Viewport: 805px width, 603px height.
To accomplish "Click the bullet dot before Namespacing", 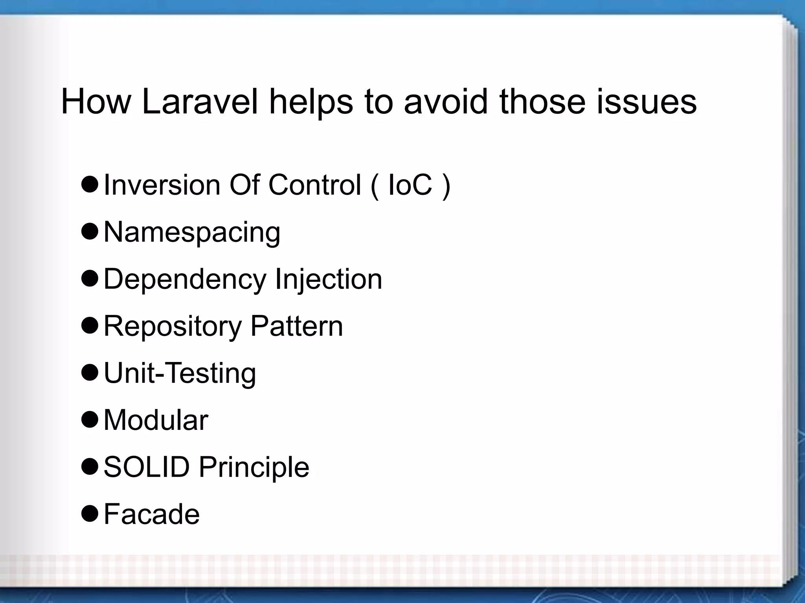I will tap(90, 232).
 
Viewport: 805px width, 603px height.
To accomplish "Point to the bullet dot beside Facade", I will tap(90, 514).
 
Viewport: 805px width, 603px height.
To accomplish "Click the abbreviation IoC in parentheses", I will tap(410, 185).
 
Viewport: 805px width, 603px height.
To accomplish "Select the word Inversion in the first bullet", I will tap(162, 185).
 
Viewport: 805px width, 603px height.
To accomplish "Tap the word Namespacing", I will tap(192, 232).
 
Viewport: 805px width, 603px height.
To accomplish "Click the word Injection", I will tap(328, 279).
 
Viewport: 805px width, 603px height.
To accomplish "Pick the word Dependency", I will tap(185, 279).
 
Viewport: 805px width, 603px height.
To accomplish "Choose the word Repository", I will tap(173, 326).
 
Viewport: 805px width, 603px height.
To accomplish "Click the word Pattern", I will tap(296, 326).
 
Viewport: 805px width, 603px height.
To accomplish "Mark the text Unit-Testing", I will tap(180, 373).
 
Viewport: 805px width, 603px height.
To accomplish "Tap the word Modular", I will tap(156, 420).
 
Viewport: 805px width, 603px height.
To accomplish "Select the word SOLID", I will tap(147, 467).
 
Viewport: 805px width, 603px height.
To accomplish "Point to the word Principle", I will tap(254, 467).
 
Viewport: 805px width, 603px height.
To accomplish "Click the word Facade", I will tap(152, 514).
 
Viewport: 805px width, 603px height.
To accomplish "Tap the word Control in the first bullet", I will tap(314, 185).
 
